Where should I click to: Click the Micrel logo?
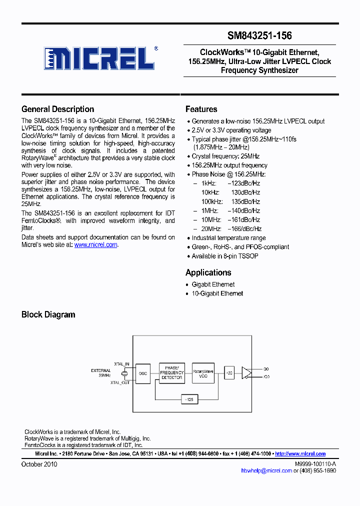[x=98, y=58]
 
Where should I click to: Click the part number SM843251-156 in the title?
[x=259, y=35]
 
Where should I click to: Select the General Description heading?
[x=57, y=109]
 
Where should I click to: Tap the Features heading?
[x=201, y=109]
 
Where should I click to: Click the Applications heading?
[x=208, y=272]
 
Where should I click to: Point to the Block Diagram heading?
[x=48, y=314]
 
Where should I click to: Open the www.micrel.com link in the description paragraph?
[x=95, y=245]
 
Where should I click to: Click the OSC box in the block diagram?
[x=143, y=373]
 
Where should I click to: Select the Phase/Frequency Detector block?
[x=171, y=373]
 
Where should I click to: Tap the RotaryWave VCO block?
[x=203, y=373]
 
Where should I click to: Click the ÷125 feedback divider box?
[x=189, y=399]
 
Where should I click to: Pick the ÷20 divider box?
[x=229, y=373]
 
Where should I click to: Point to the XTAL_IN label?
[x=121, y=364]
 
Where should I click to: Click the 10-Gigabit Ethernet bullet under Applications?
[x=217, y=293]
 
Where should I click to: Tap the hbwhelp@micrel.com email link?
[x=266, y=470]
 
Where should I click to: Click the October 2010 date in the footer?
[x=39, y=464]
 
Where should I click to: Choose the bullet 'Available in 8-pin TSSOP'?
[x=224, y=256]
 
